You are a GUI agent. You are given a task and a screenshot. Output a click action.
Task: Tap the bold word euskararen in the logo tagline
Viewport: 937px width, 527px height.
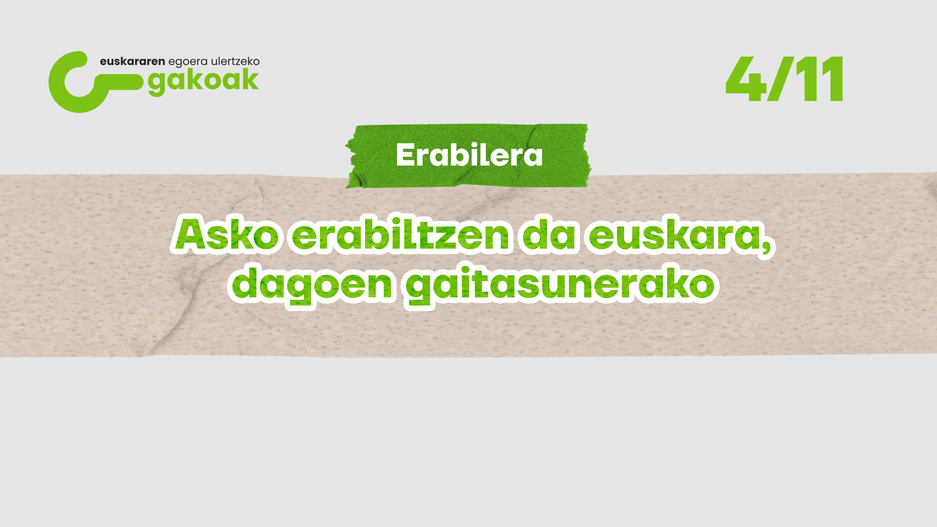[132, 61]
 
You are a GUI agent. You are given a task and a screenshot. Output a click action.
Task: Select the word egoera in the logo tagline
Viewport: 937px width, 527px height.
[188, 62]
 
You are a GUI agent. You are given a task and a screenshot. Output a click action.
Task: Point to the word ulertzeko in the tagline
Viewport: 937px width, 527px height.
[235, 61]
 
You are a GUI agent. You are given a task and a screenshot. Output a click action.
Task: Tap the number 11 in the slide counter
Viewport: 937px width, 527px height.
[819, 79]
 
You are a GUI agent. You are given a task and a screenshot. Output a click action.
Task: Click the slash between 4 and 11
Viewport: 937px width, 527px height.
[780, 79]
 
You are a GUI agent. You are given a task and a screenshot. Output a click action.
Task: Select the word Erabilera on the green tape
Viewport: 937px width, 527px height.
[469, 155]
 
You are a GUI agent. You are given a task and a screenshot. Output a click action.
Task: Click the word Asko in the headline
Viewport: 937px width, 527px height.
[226, 235]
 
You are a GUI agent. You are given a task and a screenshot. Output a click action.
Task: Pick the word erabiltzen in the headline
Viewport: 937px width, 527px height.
[401, 235]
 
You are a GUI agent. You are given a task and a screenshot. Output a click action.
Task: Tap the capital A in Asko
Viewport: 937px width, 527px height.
[195, 235]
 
